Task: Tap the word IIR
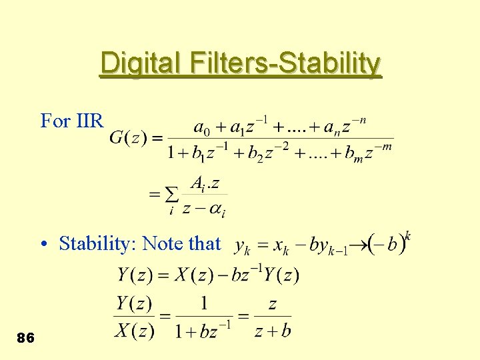[x=91, y=121]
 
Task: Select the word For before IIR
[x=55, y=121]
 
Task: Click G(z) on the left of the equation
[x=126, y=138]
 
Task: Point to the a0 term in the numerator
[x=200, y=127]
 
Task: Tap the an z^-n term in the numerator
[x=346, y=127]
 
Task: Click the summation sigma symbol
[x=171, y=195]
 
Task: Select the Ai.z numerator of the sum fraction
[x=205, y=182]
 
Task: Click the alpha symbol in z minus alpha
[x=217, y=209]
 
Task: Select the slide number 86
[x=26, y=338]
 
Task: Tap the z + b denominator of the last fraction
[x=272, y=330]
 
